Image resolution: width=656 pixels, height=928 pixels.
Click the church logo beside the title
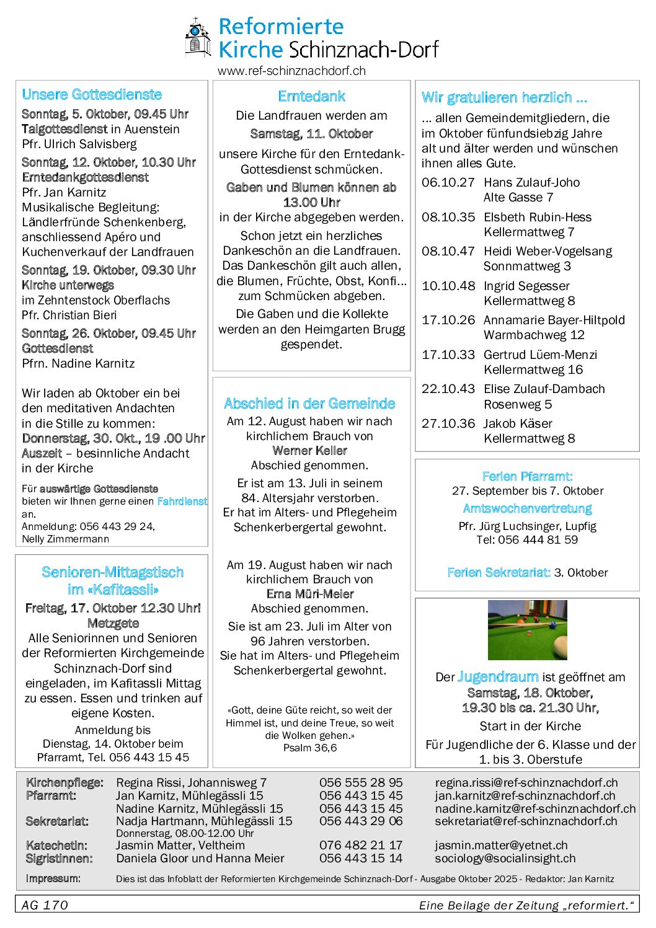click(198, 37)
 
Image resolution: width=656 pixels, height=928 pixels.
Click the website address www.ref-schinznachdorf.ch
click(291, 71)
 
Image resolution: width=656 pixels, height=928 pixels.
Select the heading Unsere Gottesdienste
click(92, 94)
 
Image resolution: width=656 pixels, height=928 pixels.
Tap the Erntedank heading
click(311, 96)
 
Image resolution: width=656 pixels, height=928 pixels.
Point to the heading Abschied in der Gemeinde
click(309, 404)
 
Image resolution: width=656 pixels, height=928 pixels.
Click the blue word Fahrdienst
click(182, 501)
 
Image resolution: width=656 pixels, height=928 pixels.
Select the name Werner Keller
click(309, 451)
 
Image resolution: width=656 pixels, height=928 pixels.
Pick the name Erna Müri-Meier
click(309, 594)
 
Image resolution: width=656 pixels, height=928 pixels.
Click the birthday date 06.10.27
click(448, 182)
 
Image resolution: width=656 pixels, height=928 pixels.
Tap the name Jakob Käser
click(518, 423)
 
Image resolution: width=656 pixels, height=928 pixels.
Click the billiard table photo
click(527, 630)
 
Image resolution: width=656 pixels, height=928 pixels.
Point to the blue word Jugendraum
click(498, 677)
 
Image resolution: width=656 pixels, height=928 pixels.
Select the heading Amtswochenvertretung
click(527, 508)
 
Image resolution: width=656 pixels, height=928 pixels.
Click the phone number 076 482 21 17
click(361, 845)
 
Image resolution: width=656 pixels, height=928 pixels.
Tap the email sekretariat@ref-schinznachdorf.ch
click(526, 821)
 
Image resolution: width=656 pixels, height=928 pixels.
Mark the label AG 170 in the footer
click(45, 905)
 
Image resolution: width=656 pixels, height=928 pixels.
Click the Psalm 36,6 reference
click(310, 748)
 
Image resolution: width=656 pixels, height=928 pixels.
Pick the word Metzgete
click(113, 623)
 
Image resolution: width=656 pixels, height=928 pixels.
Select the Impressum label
click(53, 878)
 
